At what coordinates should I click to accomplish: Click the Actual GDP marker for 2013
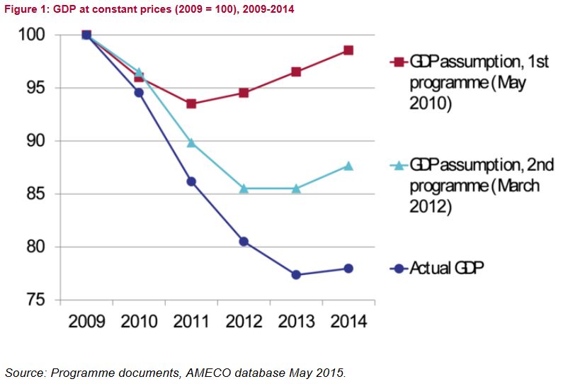coord(296,275)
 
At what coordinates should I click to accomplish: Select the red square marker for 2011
coord(191,103)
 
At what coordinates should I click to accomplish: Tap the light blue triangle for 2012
coord(244,188)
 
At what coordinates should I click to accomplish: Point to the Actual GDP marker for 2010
coord(139,93)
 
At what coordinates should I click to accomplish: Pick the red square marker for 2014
coord(348,50)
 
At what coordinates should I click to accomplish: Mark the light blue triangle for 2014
coord(348,166)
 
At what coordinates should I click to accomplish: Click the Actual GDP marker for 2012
coord(244,242)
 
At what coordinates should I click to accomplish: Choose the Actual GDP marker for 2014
coord(348,269)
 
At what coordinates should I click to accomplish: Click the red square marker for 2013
coord(296,72)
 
